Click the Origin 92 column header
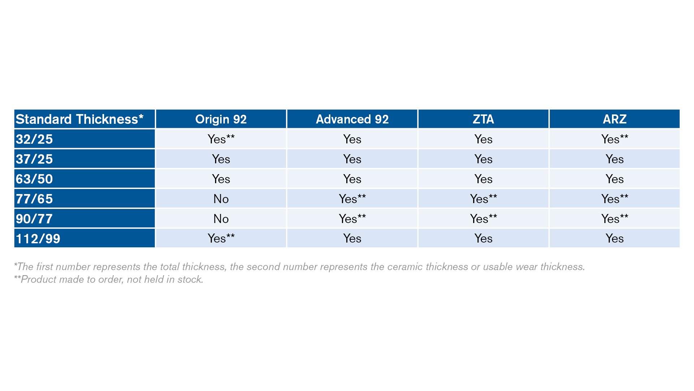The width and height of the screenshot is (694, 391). [x=221, y=119]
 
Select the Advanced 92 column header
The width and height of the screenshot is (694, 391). [x=352, y=119]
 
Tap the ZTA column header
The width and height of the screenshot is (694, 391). [x=483, y=119]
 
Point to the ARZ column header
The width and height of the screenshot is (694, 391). [x=614, y=119]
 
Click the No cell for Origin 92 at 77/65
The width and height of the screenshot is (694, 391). [x=221, y=199]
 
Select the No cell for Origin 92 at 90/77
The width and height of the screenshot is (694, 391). [x=221, y=219]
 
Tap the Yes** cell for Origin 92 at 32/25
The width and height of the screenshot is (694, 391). [x=221, y=139]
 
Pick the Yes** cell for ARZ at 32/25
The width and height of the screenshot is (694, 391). [x=614, y=139]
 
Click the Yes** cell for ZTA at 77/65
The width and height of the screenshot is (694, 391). [x=483, y=199]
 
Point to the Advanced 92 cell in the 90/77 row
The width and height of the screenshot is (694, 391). [x=352, y=219]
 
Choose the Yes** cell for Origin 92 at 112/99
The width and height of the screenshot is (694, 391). [x=221, y=238]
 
